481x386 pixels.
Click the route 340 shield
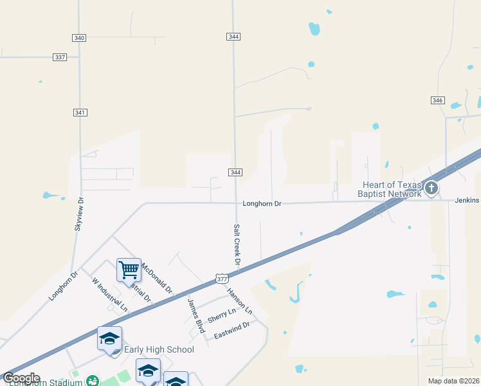79,38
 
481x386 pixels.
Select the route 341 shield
80,113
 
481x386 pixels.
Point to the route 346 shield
438,100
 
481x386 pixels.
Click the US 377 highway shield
222,279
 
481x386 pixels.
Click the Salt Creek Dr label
237,244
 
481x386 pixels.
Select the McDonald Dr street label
157,278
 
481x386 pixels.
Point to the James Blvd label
195,311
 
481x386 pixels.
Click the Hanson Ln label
239,300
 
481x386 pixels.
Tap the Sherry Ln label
221,314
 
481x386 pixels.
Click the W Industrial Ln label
110,295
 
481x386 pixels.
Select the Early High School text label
158,349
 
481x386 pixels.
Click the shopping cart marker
129,270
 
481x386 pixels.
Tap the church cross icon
431,188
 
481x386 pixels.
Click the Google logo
21,378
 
